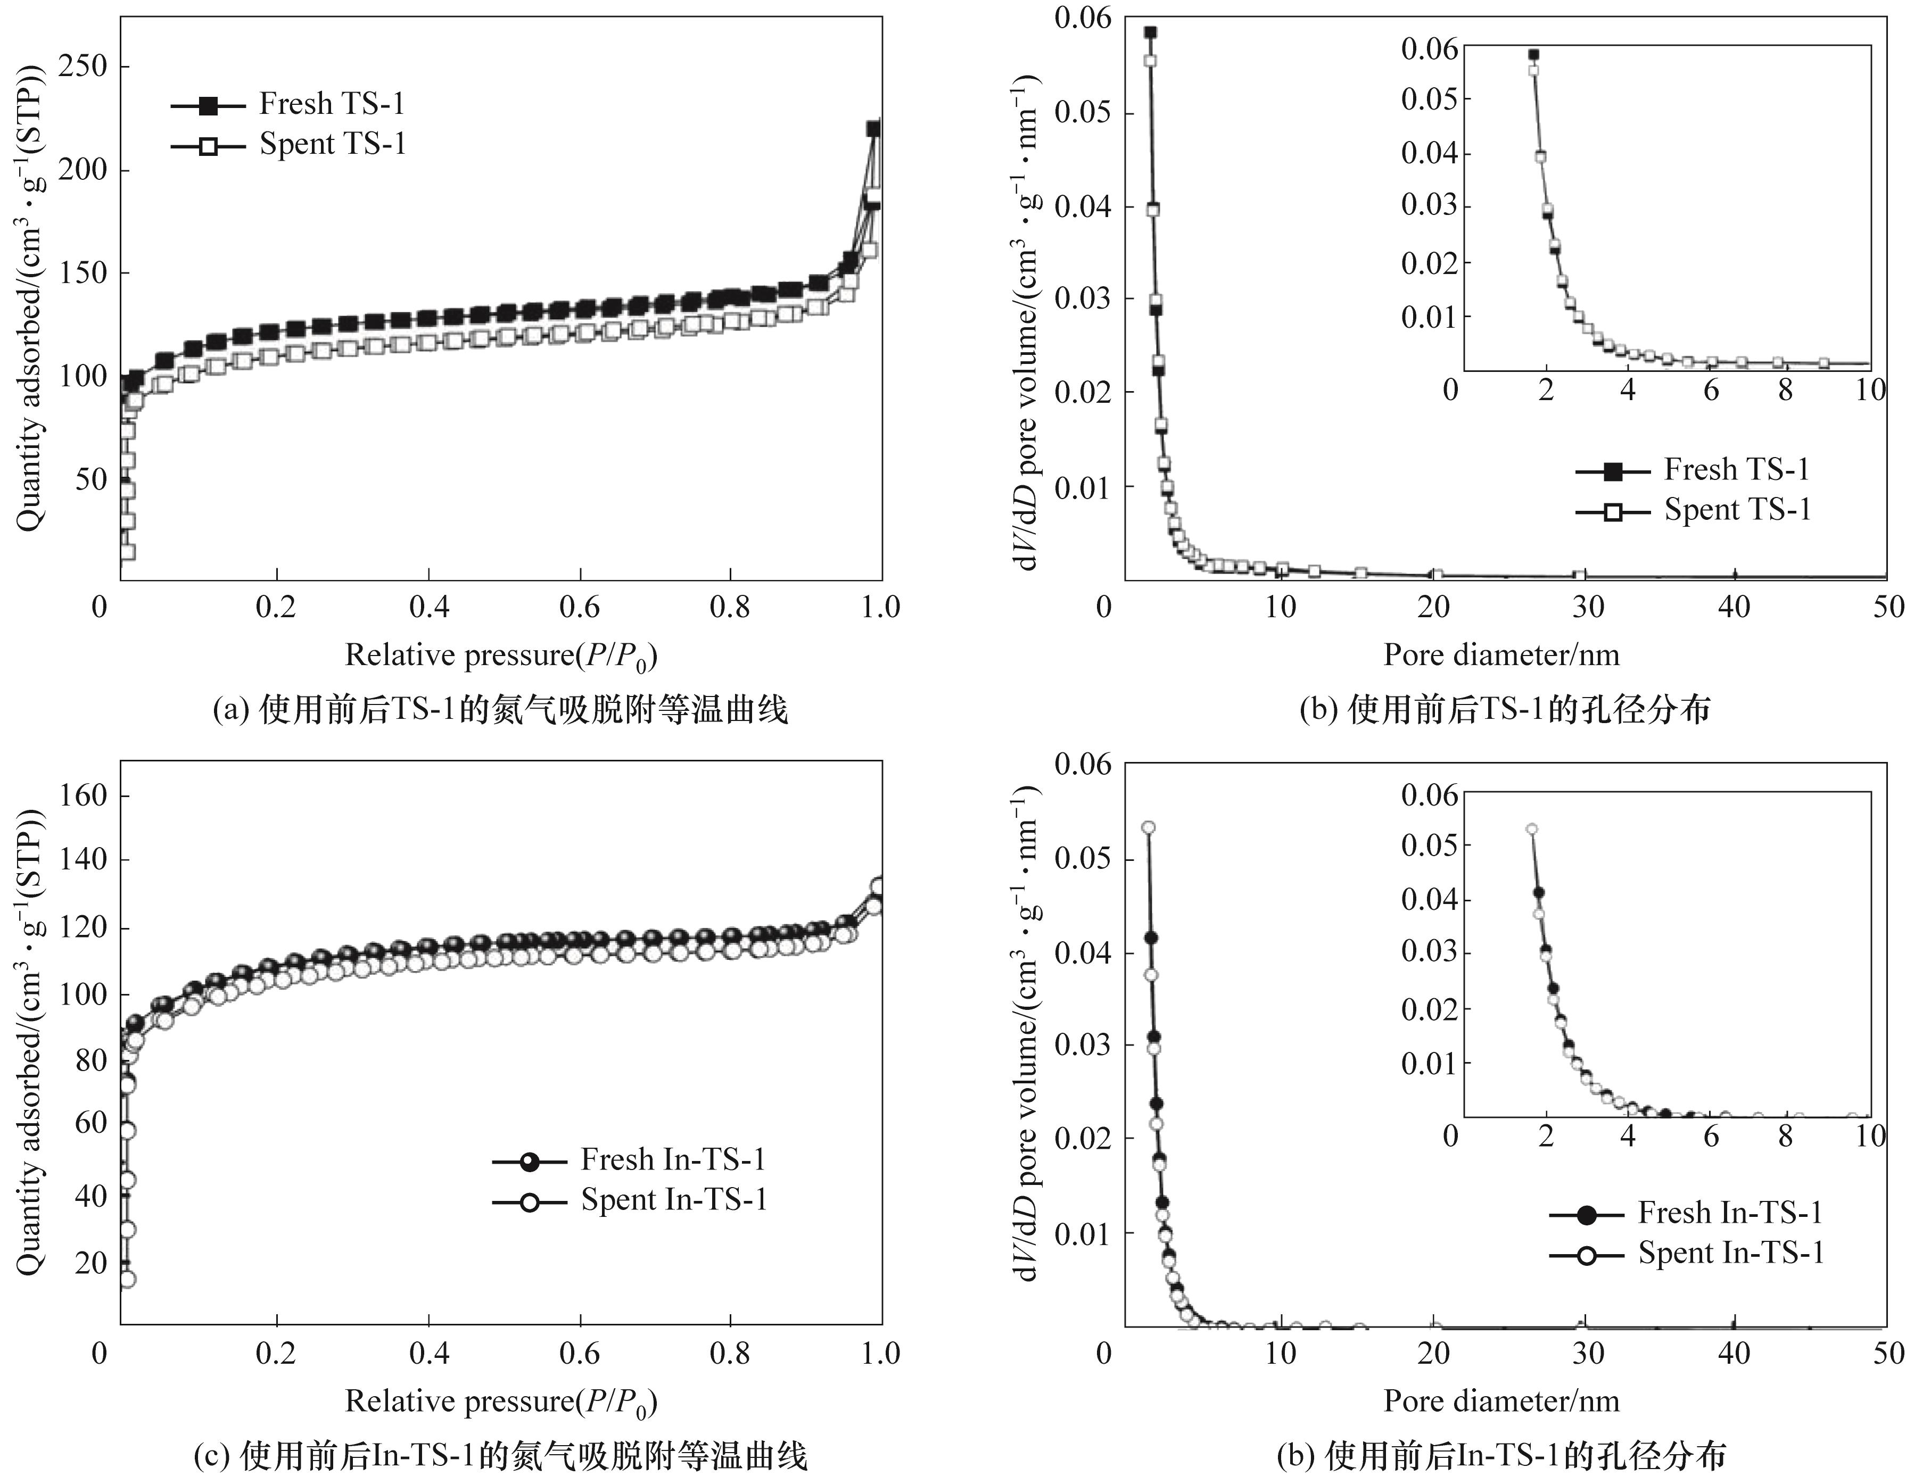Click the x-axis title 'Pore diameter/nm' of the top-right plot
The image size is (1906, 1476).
pos(1501,655)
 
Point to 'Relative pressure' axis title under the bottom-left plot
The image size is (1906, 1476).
pos(501,1401)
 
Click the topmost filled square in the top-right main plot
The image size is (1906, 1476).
pos(1150,32)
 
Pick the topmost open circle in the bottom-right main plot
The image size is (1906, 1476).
pos(1149,827)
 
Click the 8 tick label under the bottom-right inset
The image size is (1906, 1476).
pos(1786,1136)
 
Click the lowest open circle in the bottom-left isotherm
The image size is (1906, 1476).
pos(127,1279)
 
